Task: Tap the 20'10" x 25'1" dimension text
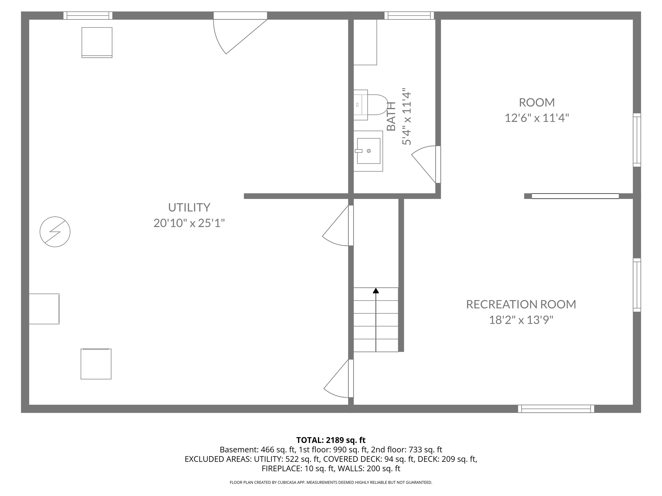point(189,223)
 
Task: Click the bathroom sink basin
point(369,151)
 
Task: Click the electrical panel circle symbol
point(55,232)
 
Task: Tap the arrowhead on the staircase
point(376,291)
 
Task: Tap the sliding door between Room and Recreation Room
point(575,196)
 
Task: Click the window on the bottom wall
point(556,409)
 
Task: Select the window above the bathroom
point(409,15)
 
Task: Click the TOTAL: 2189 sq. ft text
point(331,440)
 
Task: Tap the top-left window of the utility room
point(88,15)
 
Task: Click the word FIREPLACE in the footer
point(281,468)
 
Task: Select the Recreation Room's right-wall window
point(637,285)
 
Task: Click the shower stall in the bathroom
point(365,42)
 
